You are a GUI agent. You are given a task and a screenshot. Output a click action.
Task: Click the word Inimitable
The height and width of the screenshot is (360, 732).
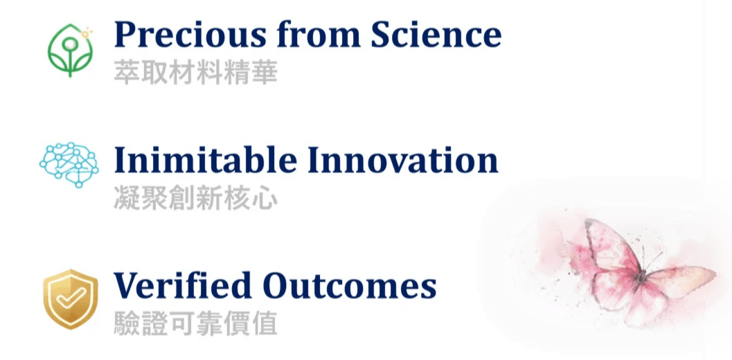point(206,160)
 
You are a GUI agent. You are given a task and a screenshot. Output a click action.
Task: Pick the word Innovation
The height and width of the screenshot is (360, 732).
point(403,160)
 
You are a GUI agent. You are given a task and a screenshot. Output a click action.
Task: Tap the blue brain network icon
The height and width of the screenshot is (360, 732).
point(69,164)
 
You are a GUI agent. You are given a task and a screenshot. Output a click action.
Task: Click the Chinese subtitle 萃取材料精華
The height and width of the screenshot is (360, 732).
point(195,73)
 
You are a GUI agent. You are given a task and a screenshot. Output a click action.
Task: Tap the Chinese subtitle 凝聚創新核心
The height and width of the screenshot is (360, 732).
point(195,199)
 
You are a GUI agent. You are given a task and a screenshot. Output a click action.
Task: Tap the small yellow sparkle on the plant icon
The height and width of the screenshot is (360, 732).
point(86,33)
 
